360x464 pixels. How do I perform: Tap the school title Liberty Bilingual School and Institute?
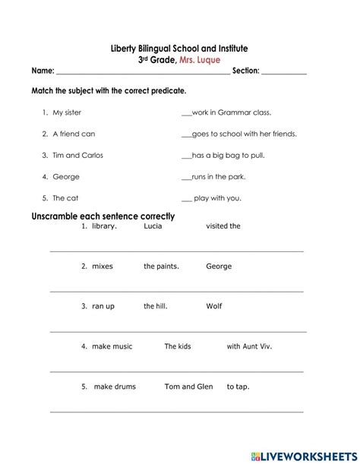(179, 49)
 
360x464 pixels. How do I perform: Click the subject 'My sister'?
(66, 112)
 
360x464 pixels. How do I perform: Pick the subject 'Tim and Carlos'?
(77, 155)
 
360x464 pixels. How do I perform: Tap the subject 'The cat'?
(65, 198)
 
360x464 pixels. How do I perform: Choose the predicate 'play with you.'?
(217, 198)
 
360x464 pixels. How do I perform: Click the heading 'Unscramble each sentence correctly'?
(103, 216)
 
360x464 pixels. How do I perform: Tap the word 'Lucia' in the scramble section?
(153, 226)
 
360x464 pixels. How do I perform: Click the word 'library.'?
(104, 226)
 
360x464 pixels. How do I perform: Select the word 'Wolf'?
(214, 307)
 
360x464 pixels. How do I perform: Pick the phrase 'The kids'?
(178, 346)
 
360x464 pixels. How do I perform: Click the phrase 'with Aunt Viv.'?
(249, 346)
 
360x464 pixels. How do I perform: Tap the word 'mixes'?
(102, 267)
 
